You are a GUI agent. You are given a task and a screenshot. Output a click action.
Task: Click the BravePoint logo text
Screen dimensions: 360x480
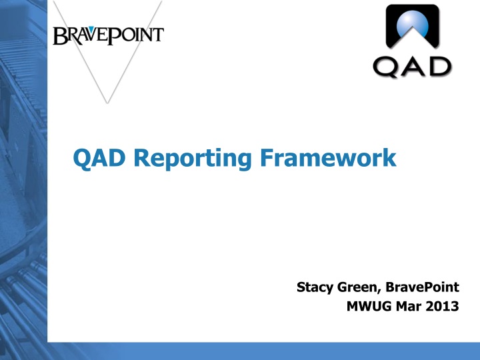108,35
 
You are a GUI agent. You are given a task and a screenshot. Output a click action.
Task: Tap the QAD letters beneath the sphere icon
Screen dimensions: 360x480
412,67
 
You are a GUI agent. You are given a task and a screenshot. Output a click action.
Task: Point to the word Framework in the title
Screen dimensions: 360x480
327,159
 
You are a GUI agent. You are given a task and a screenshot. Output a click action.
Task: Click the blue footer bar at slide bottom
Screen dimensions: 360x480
267,351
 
